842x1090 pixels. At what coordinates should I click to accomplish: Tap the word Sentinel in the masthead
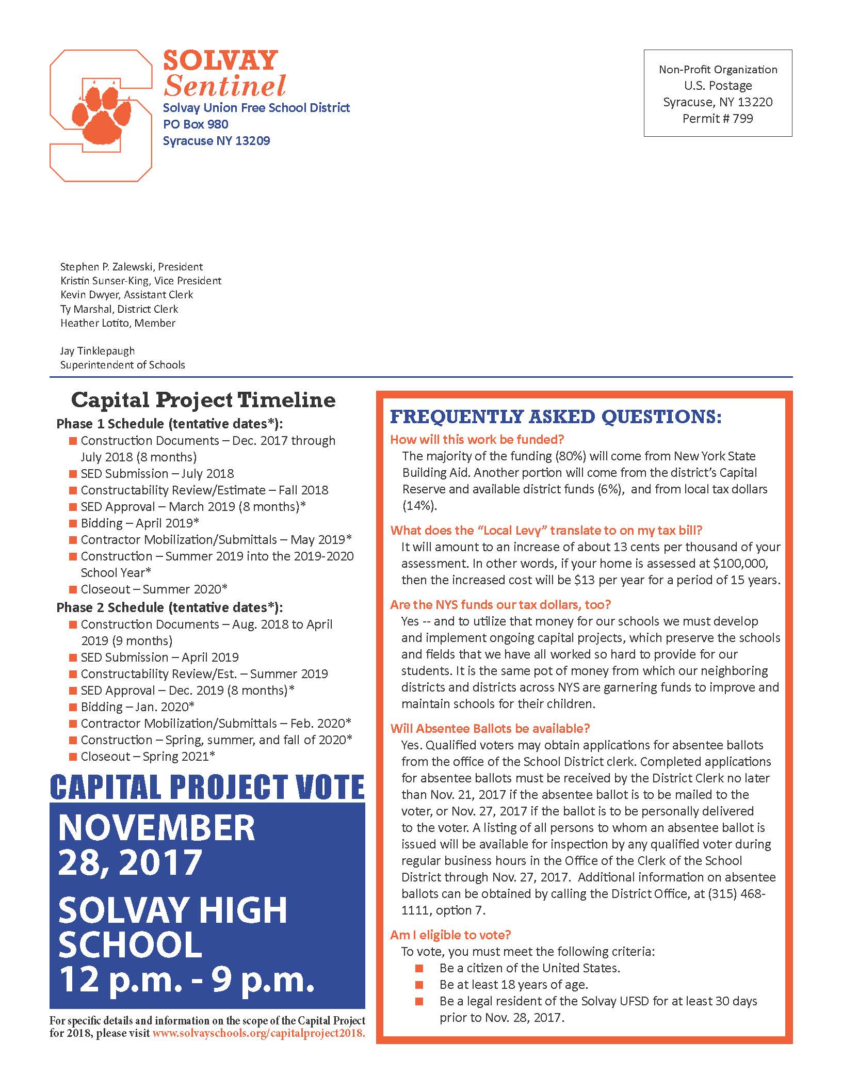(224, 86)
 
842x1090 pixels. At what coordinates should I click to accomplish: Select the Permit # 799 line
(717, 119)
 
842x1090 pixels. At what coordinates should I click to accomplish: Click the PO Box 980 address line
(196, 124)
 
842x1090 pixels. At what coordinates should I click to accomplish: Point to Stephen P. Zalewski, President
(132, 267)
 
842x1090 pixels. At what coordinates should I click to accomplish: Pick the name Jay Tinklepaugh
(98, 351)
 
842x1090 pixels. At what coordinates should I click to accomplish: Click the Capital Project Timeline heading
(203, 400)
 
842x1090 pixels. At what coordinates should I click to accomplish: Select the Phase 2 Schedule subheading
(170, 607)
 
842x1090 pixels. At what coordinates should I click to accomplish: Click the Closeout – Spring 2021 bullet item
(148, 757)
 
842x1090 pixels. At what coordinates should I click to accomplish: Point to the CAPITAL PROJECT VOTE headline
(207, 788)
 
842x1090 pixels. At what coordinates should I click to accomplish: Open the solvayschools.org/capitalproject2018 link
(258, 1034)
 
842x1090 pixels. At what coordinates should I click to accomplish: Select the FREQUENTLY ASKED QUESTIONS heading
(556, 417)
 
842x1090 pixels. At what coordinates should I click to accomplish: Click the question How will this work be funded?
(477, 440)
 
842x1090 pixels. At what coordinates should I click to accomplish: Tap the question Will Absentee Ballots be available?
(490, 729)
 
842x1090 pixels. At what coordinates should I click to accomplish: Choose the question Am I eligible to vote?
(450, 935)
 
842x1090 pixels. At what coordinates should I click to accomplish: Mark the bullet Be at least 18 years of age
(513, 985)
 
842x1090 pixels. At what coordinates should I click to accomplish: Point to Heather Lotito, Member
(118, 323)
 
